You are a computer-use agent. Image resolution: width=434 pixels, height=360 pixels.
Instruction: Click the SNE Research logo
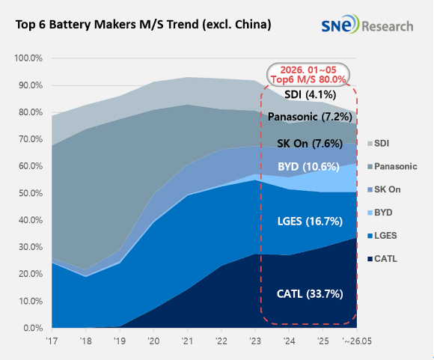tap(367, 25)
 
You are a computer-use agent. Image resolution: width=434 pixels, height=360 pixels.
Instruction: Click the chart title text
tap(144, 25)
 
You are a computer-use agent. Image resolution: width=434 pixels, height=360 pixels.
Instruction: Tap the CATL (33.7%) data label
tap(310, 293)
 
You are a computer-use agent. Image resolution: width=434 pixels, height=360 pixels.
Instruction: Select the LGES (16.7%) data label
tap(310, 222)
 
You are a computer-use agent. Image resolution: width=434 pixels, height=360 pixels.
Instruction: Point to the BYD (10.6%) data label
tap(308, 167)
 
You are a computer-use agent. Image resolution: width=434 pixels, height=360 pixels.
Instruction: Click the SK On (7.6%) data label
tap(310, 144)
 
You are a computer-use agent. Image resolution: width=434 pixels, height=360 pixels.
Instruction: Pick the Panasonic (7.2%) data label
tap(310, 117)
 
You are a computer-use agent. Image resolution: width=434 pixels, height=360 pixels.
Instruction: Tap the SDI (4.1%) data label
tap(311, 94)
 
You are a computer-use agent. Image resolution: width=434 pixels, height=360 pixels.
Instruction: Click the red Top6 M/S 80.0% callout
tap(308, 75)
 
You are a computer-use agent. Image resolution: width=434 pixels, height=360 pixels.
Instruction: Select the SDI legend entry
tap(378, 143)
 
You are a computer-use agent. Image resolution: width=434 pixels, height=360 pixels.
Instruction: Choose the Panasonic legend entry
tap(392, 166)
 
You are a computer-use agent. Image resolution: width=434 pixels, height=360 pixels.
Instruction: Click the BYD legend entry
tap(380, 213)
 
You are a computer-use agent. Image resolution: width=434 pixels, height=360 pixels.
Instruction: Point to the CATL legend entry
tap(382, 259)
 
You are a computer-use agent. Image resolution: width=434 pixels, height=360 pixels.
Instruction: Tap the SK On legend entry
tap(384, 189)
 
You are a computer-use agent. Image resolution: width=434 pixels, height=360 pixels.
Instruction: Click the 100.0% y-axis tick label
tap(28, 58)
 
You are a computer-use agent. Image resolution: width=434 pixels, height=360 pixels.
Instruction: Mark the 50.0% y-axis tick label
tap(31, 193)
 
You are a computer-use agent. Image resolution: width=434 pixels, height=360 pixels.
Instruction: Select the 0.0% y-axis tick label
tap(33, 328)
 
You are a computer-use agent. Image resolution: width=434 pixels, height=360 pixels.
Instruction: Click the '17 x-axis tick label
tap(52, 341)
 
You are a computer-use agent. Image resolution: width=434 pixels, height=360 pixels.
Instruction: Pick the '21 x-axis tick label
tap(187, 341)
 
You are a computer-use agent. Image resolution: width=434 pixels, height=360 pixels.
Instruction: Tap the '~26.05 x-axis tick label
tap(357, 341)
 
